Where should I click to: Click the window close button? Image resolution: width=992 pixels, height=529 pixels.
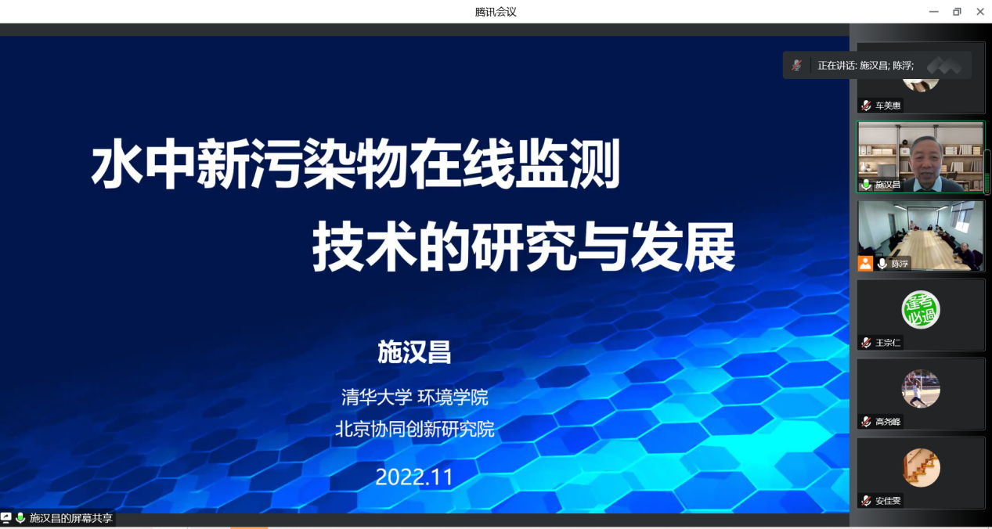(980, 12)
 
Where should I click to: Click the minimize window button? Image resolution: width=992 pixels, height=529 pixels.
(933, 12)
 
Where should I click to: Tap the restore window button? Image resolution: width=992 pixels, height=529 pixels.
(957, 12)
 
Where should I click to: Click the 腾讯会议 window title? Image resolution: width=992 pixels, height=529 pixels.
(496, 12)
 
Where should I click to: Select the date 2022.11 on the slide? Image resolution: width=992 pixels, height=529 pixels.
(414, 477)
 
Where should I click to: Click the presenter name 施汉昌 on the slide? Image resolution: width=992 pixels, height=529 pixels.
(414, 352)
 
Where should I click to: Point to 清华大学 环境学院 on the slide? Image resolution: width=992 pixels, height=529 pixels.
(414, 397)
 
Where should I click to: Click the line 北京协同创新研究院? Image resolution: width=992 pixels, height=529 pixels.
(414, 429)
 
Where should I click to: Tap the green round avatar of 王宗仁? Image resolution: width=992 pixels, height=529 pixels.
(921, 310)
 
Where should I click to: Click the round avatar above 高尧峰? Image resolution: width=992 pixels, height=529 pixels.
(921, 389)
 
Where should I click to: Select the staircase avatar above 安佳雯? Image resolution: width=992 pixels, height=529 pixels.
(921, 468)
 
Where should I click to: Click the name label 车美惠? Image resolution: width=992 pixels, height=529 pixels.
(888, 106)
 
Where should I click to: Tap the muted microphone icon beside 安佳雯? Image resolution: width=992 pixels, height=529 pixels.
(866, 501)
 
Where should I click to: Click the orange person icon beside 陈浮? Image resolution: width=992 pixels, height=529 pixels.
(865, 264)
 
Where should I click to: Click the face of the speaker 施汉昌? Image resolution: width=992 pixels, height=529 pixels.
(925, 161)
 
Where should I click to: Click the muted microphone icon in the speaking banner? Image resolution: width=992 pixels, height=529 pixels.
(797, 66)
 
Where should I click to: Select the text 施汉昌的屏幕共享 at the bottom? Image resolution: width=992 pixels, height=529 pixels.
(70, 518)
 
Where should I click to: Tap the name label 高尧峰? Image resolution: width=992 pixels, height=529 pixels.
(888, 422)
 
